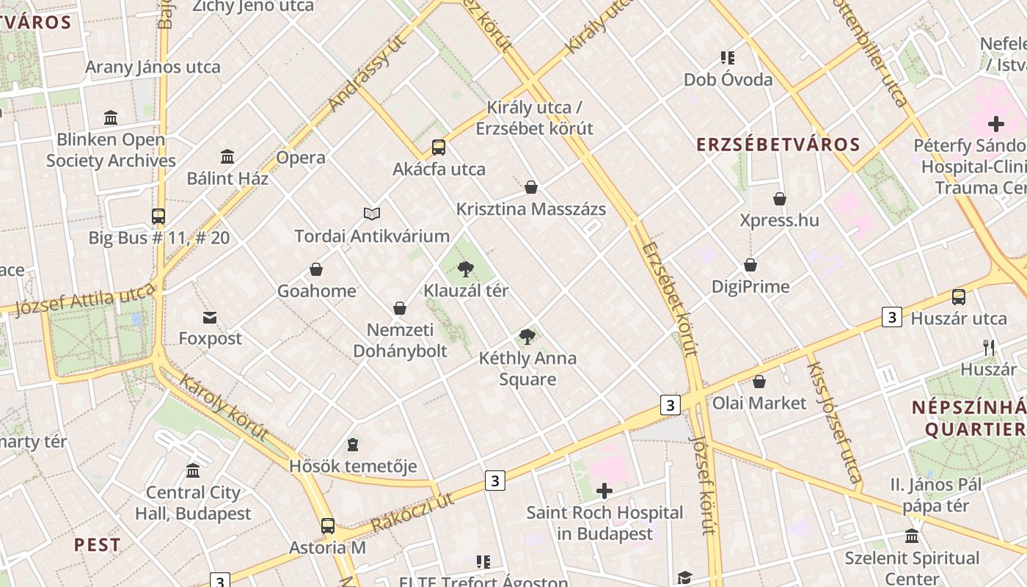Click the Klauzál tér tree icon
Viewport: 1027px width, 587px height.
point(465,269)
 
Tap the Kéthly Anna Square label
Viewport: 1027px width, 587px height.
point(527,368)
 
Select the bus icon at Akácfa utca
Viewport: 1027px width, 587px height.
point(439,147)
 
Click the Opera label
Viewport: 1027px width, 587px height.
point(301,158)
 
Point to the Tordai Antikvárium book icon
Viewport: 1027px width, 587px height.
point(372,214)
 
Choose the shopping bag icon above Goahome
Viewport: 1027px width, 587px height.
point(316,269)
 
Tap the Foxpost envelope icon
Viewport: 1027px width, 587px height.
point(211,317)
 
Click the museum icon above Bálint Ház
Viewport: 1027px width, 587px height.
point(227,156)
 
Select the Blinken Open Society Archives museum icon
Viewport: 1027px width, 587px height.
point(111,117)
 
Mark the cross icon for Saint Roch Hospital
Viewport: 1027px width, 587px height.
point(604,491)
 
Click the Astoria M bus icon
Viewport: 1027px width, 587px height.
point(328,525)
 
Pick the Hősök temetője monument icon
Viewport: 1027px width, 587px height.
point(353,445)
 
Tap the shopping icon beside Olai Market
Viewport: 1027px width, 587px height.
point(759,382)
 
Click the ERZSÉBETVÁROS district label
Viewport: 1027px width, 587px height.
point(778,145)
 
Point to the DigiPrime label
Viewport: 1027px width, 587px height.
point(750,286)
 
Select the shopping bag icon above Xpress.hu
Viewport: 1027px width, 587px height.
point(780,199)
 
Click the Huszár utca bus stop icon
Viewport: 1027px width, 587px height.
point(959,297)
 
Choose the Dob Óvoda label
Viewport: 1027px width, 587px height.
point(728,79)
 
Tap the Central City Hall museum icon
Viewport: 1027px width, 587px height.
point(193,470)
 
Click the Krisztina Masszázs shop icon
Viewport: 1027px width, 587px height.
point(531,187)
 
